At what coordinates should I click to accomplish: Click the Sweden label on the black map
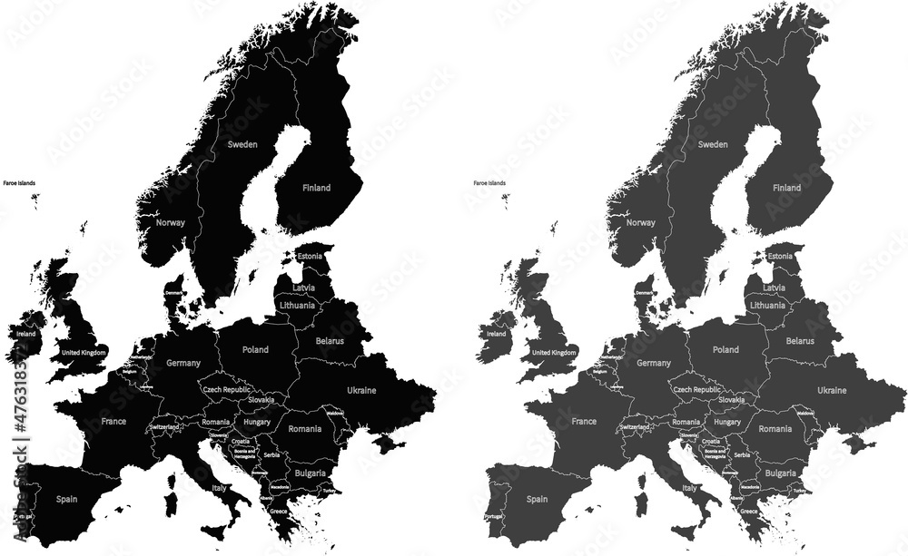pos(242,144)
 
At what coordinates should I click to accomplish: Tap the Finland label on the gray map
pos(787,189)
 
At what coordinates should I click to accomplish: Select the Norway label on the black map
pos(171,222)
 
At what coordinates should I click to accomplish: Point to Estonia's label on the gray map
pos(780,257)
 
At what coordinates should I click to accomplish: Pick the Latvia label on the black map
pos(303,288)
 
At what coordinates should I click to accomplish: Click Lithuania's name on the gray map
pos(767,306)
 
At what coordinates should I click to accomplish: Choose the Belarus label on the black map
pos(330,341)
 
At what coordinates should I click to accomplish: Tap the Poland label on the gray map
pos(725,349)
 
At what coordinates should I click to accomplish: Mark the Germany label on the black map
pos(183,363)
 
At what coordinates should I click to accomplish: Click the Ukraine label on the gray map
pos(832,390)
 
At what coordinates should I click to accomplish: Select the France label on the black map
pos(113,422)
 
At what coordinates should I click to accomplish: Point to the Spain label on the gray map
pos(537,499)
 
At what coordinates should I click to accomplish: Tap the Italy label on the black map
pos(219,488)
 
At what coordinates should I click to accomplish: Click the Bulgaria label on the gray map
pos(780,473)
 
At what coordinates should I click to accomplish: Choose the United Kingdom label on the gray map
pos(554,352)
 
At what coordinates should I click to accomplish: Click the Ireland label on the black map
pos(25,334)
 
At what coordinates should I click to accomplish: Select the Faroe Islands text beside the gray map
pos(489,183)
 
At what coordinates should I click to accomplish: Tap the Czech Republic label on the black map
pos(225,388)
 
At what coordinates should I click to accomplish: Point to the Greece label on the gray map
pos(749,511)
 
